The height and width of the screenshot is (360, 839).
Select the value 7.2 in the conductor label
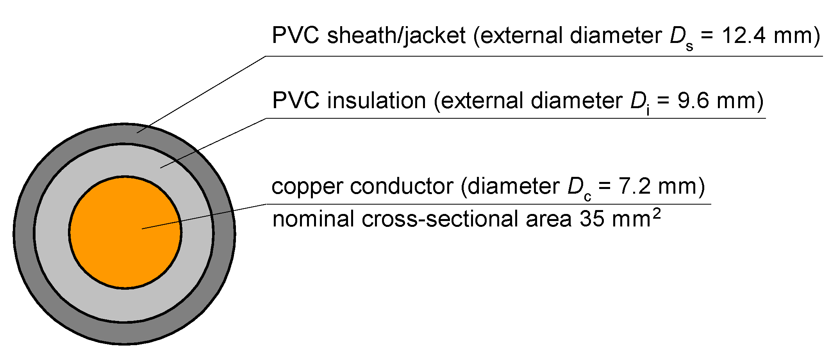[634, 187]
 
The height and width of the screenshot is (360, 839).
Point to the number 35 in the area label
[592, 219]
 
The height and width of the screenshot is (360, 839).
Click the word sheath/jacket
[396, 36]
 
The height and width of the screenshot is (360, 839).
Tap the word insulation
[377, 101]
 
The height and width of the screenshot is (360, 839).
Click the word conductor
[402, 187]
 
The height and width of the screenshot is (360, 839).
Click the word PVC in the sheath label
[296, 36]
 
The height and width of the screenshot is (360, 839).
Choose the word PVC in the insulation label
[296, 101]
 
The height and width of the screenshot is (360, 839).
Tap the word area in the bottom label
[548, 219]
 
